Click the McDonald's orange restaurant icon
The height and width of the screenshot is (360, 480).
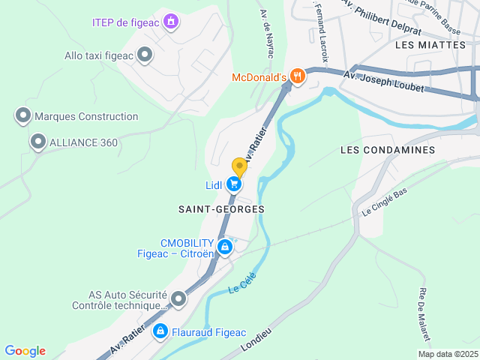[x=298, y=76]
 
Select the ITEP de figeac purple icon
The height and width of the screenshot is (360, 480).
[x=172, y=21]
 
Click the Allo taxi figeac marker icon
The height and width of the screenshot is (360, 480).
[x=145, y=55]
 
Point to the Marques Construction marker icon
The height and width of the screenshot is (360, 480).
[x=23, y=116]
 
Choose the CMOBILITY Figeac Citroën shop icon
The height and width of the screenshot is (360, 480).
[x=223, y=247]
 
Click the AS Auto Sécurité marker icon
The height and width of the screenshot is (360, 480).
[x=178, y=300]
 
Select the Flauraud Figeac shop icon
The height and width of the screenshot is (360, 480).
[x=160, y=331]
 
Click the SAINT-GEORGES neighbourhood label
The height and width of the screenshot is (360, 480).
[x=221, y=208]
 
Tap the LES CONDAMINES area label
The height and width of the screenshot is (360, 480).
[x=387, y=150]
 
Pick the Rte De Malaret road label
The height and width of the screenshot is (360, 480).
[x=424, y=313]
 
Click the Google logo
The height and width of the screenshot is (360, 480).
[x=25, y=351]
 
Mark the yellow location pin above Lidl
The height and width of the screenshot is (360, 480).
[x=239, y=167]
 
